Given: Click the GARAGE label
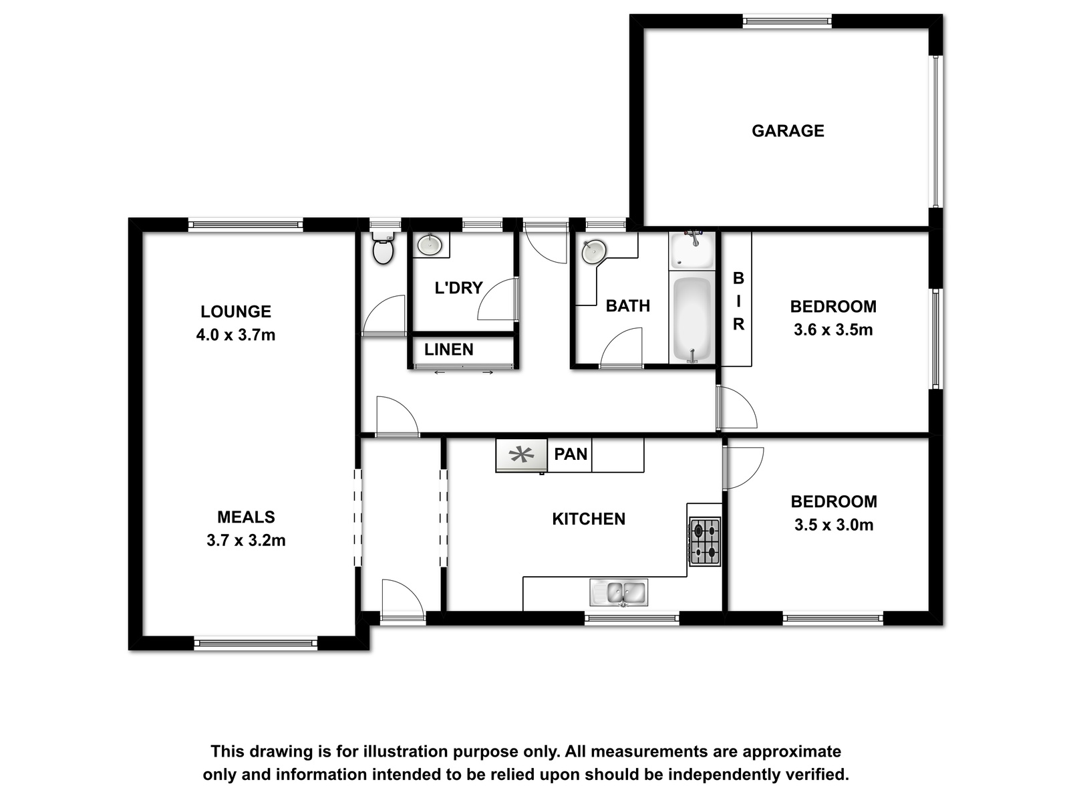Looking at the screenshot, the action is click(x=788, y=130).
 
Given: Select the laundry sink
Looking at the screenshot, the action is click(x=430, y=245).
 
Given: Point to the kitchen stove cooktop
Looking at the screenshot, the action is click(x=705, y=541).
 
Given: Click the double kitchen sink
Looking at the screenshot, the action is click(x=619, y=593).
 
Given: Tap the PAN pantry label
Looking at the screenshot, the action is click(x=571, y=454).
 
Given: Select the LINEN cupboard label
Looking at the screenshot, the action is click(x=448, y=349).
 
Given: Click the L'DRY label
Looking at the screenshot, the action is click(x=458, y=288).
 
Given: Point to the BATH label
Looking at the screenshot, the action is click(x=628, y=306).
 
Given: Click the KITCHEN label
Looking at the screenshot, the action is click(x=589, y=519).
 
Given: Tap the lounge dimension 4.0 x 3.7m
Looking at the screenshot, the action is click(x=236, y=335).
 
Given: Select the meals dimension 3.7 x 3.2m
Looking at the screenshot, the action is click(x=246, y=541).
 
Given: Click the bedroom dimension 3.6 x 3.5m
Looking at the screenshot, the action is click(x=833, y=329).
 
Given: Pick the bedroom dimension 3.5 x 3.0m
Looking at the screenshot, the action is click(x=834, y=525).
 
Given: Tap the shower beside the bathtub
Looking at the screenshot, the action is click(x=692, y=251).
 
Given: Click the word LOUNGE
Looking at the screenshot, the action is click(x=236, y=311).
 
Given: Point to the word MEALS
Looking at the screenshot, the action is click(x=246, y=517).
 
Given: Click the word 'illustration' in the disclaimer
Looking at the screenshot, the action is click(x=408, y=751).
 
